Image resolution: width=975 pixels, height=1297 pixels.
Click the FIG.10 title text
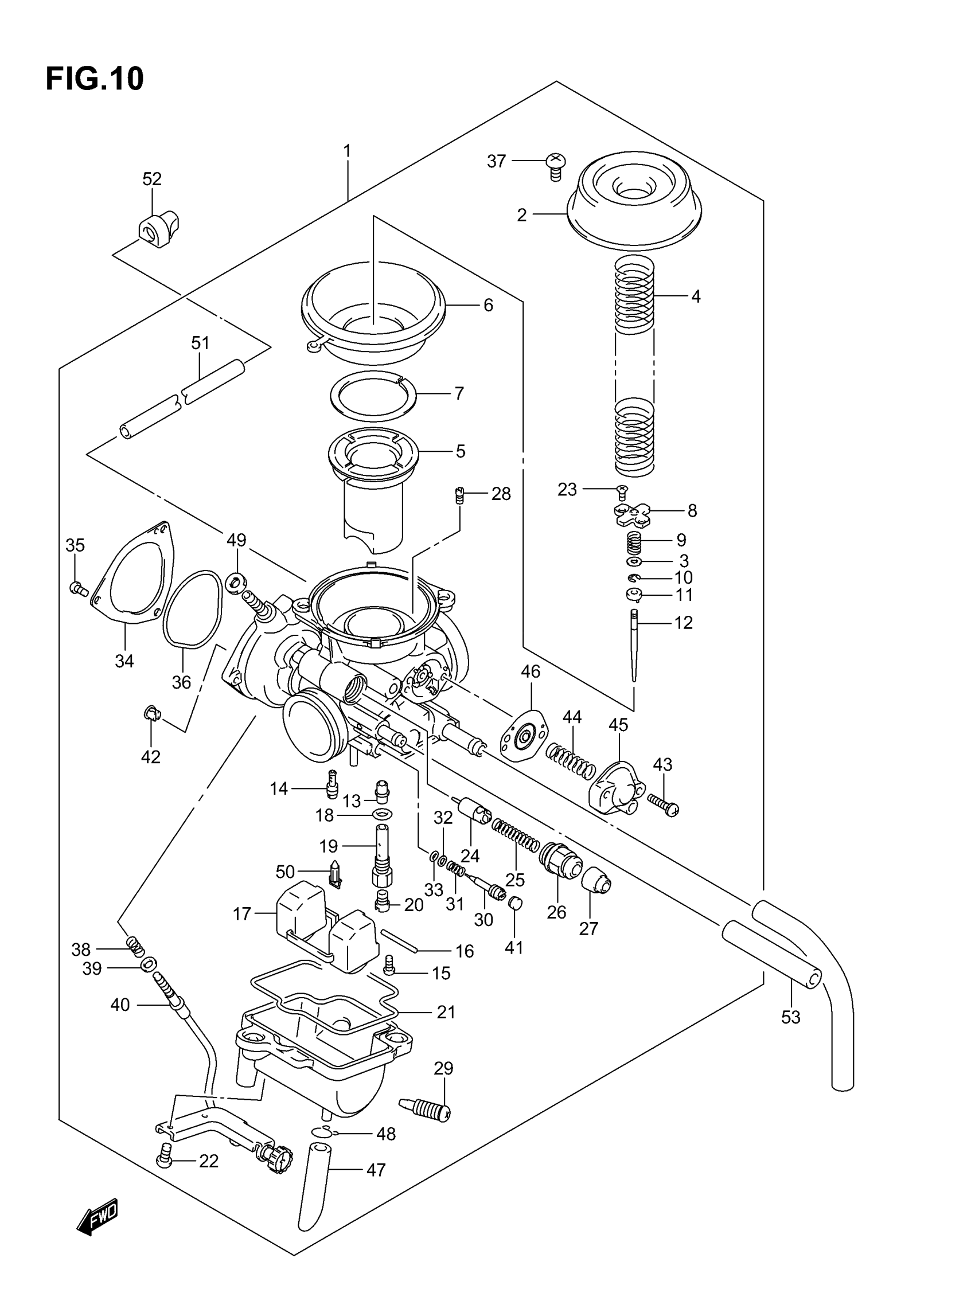(x=95, y=79)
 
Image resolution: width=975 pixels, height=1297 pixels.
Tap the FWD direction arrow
(x=98, y=1217)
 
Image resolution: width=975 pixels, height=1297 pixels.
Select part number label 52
(x=152, y=179)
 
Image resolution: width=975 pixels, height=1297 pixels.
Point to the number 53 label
(x=790, y=1017)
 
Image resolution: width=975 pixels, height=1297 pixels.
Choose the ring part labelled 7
(x=373, y=395)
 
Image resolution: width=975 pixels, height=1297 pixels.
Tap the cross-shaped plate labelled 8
(x=633, y=514)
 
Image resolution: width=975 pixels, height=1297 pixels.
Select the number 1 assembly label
(x=347, y=151)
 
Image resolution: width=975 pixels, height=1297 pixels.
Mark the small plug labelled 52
(x=158, y=228)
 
